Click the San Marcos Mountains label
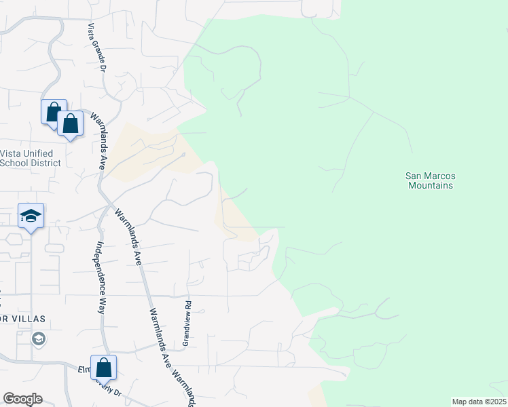click(429, 180)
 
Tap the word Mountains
click(429, 185)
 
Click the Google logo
click(22, 399)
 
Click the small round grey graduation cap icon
click(40, 338)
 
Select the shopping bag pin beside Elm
click(103, 368)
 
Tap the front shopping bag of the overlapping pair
click(69, 123)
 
